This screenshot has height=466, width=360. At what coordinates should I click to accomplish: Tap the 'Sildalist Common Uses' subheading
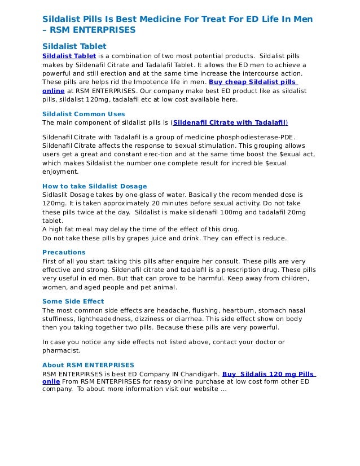84,113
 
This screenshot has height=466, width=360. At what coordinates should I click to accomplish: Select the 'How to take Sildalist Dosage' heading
94,186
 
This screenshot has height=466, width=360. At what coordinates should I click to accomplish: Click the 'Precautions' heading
64,252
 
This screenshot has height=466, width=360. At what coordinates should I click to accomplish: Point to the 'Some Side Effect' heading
73,301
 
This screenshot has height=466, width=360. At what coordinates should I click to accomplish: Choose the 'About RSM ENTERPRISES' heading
88,364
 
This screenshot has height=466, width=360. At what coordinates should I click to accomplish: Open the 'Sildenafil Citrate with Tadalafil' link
230,122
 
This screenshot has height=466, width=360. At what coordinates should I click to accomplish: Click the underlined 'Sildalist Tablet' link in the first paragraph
69,56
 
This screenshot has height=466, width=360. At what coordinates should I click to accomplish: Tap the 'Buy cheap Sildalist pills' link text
253,82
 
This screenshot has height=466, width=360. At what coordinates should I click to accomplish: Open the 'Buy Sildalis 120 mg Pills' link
269,373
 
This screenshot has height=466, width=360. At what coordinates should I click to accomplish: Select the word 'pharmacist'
62,350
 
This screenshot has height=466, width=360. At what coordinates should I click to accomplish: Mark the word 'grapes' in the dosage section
138,238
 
